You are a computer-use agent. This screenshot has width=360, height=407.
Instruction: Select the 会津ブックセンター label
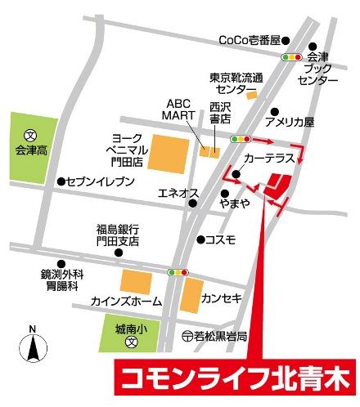(x=318, y=70)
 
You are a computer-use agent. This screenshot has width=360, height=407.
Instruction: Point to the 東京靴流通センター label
(x=236, y=83)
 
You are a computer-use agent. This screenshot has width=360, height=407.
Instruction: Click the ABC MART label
(x=178, y=110)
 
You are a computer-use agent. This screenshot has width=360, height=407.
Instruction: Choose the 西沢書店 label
(x=220, y=112)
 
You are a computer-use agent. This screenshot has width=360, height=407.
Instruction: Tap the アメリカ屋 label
(x=289, y=123)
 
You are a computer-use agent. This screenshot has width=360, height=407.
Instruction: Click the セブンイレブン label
(x=98, y=181)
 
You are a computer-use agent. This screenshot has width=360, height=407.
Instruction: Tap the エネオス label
(x=178, y=193)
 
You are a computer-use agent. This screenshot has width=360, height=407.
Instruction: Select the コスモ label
(x=221, y=239)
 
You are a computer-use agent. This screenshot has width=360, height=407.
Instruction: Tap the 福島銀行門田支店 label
(x=117, y=235)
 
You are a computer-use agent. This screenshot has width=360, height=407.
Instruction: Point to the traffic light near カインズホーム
(x=178, y=271)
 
